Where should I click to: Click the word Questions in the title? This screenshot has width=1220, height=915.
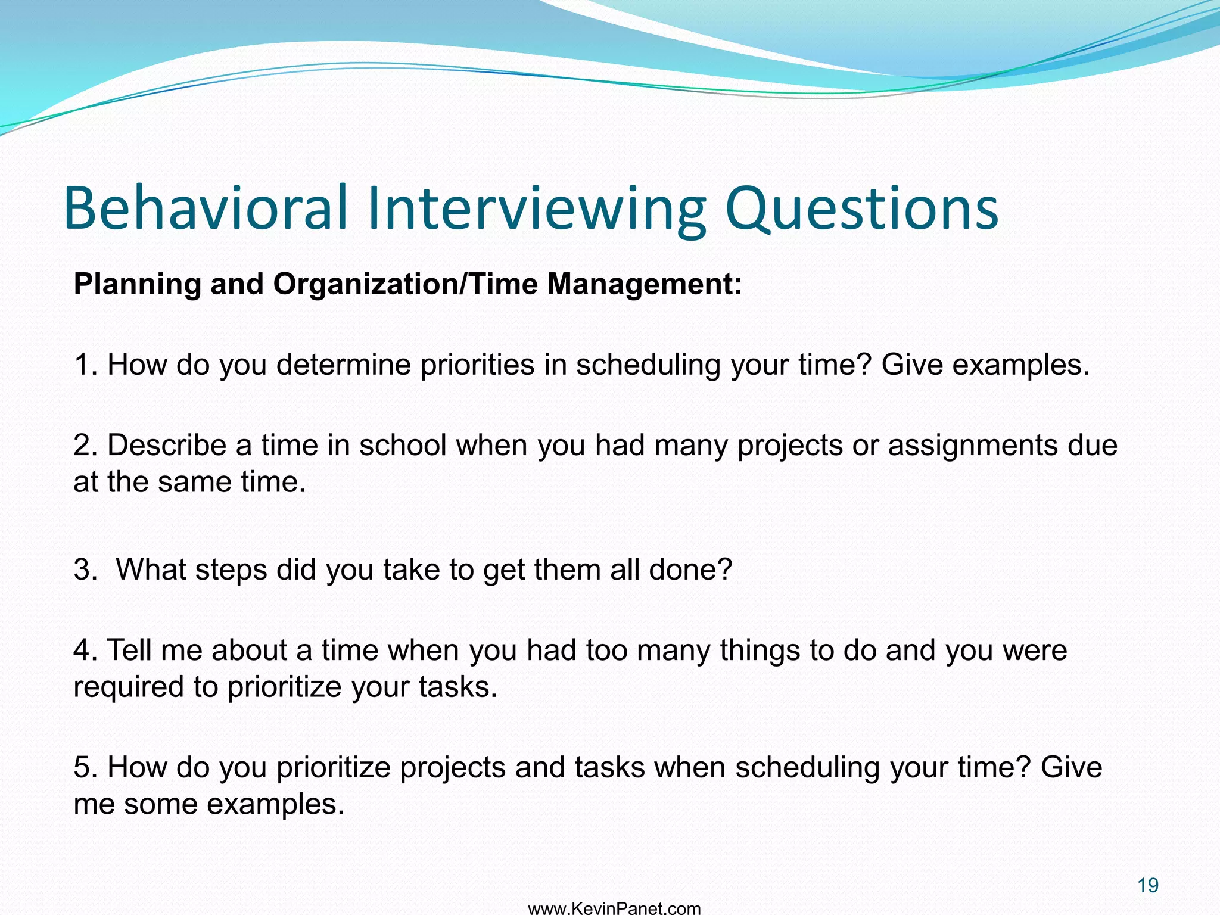point(861,208)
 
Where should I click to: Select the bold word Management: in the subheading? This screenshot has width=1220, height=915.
point(645,284)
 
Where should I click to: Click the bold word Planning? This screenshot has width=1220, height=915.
point(137,285)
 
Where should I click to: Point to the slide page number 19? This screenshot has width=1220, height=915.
point(1147,885)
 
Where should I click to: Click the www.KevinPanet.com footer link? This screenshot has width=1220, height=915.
point(614,908)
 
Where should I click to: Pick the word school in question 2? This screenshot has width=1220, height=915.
point(403,445)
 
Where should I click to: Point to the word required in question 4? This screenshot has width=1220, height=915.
point(129,687)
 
